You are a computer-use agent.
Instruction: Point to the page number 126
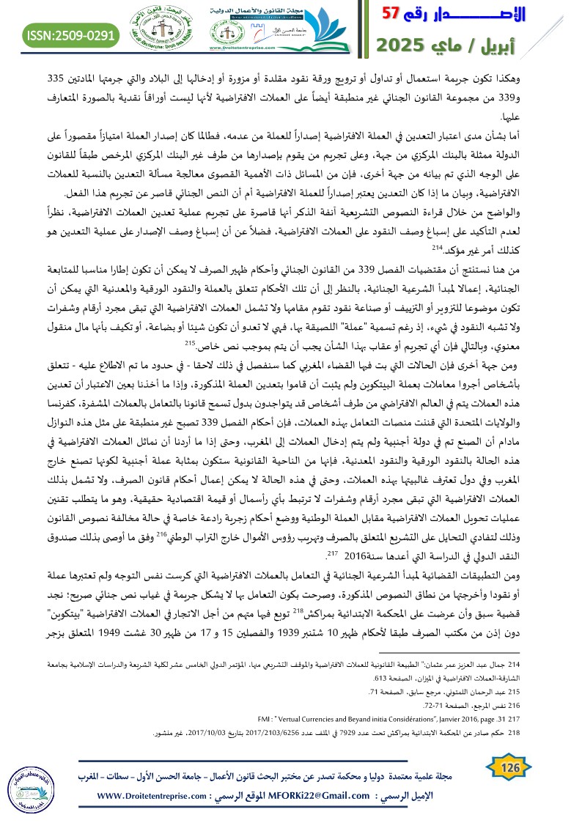pos(510,766)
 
